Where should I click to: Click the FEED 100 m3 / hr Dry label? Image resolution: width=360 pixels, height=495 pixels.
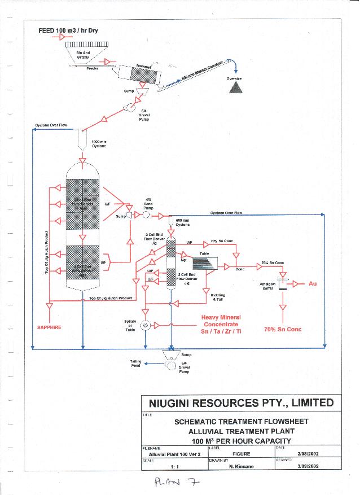[x=68, y=30]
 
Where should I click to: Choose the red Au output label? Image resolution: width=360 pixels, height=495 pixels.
[x=313, y=283]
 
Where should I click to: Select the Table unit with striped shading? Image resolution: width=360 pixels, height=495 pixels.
[x=208, y=262]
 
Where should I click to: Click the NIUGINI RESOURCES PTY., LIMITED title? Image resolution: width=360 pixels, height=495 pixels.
[x=241, y=403]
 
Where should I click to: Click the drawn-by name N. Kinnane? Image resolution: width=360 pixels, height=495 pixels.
[x=242, y=467]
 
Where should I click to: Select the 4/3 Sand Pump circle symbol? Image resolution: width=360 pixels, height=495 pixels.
[x=145, y=215]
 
